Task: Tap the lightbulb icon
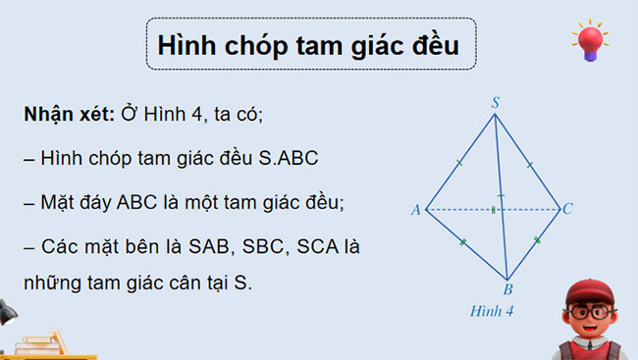coord(590,42)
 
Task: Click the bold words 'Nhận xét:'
coord(68,115)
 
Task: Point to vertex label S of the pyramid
coord(496,101)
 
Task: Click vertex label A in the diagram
coord(416,210)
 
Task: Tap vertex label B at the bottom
coord(507,289)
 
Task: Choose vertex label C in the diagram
coord(567,209)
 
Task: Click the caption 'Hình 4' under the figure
coord(494,311)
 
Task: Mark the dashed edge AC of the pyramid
coord(461,209)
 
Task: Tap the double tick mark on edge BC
coord(536,240)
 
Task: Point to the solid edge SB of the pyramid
coord(501,196)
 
